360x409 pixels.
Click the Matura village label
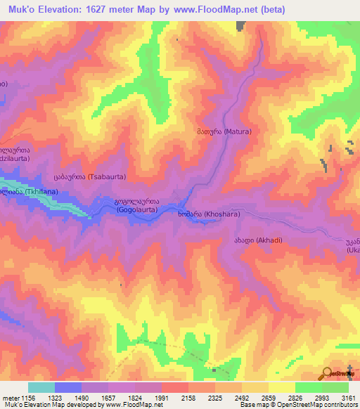(x=223, y=131)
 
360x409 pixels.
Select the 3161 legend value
(x=348, y=397)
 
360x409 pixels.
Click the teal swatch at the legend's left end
(x=41, y=387)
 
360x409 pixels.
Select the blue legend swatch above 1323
(x=68, y=387)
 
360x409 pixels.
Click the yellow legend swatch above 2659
(x=282, y=387)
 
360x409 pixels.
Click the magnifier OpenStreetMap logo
(x=328, y=372)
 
